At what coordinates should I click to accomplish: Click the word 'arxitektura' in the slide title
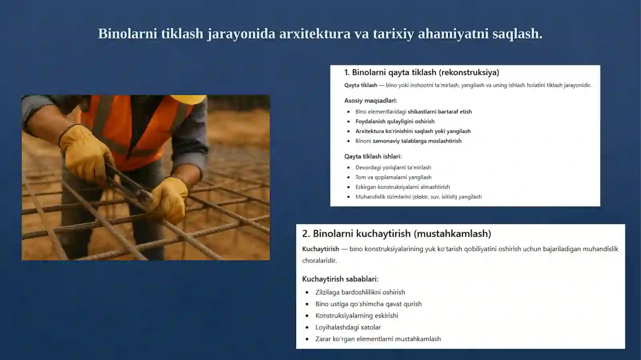[314, 34]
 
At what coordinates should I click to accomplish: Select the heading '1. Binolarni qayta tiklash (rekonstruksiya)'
[421, 72]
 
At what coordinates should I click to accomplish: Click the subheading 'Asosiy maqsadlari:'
[371, 101]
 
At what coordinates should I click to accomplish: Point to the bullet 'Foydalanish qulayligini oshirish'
[395, 121]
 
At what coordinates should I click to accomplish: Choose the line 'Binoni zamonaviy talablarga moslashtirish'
[408, 141]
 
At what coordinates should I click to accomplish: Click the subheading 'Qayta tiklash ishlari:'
[373, 156]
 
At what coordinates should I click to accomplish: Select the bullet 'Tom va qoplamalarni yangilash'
[393, 177]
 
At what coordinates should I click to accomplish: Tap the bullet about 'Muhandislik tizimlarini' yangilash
[418, 197]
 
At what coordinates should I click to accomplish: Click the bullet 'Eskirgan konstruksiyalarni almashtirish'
[402, 187]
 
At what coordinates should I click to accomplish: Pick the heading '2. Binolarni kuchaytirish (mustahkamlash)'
[396, 233]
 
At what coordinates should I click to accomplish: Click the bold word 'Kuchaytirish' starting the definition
[320, 249]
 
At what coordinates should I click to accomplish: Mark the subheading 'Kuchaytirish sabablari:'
[340, 279]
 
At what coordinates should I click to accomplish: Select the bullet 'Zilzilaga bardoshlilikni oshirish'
[360, 292]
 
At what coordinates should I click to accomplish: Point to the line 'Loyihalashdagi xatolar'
[348, 327]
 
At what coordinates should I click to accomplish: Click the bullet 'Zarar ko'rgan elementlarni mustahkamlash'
[378, 339]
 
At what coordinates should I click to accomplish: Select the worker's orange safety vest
[132, 128]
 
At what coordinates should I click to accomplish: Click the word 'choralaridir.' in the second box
[319, 261]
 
